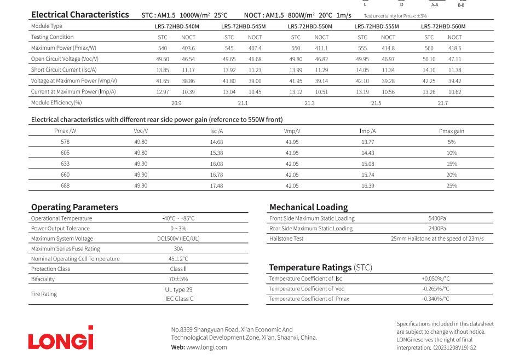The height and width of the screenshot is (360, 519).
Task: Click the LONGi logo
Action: tap(61, 338)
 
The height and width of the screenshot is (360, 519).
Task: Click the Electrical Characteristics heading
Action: tap(80, 15)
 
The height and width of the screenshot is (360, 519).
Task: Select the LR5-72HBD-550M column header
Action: tap(310, 26)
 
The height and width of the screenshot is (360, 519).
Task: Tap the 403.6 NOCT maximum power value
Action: tap(188, 48)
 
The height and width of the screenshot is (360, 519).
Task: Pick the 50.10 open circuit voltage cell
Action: tap(429, 59)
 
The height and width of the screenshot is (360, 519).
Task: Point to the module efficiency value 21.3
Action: tap(310, 102)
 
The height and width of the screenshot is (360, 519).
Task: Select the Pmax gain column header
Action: tap(452, 131)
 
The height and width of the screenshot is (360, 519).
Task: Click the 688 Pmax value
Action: tap(65, 185)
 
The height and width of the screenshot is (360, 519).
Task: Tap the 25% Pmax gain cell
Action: tap(452, 185)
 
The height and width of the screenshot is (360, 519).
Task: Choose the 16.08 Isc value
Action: tap(217, 164)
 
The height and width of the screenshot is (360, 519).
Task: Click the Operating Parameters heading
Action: tap(74, 207)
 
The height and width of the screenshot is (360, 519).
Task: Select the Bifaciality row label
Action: tap(43, 278)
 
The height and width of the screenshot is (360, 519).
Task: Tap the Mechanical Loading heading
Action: tap(308, 207)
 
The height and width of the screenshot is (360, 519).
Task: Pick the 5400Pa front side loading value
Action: tap(437, 218)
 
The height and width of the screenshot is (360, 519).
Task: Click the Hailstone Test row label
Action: tap(286, 239)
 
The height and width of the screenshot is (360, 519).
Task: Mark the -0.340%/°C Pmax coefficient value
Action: tap(436, 299)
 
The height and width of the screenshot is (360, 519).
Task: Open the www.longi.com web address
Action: tap(206, 347)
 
